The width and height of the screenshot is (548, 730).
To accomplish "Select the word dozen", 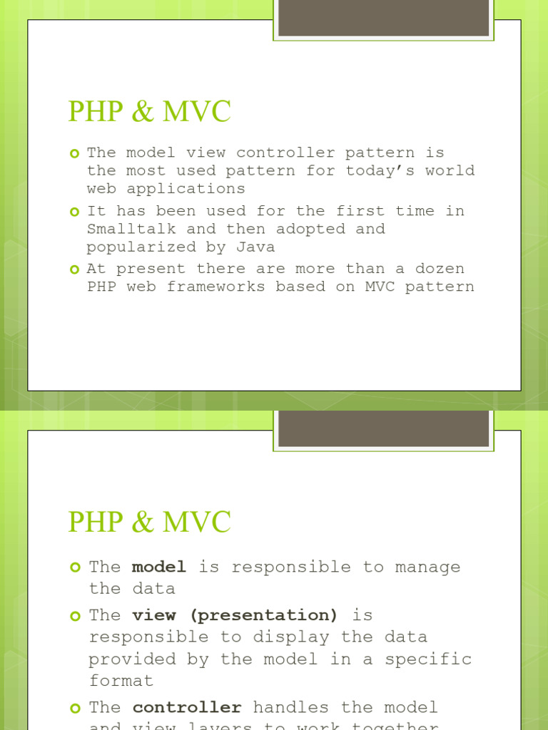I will coord(440,269).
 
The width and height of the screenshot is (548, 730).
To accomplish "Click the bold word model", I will coord(159,567).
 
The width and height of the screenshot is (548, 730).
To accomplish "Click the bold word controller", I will coord(187,707).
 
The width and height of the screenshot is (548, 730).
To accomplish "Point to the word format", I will coord(121,681).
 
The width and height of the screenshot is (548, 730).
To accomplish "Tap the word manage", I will coord(428,567).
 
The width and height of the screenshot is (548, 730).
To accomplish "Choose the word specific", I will coord(428,659).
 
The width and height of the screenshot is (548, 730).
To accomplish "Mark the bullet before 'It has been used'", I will coord(75,212).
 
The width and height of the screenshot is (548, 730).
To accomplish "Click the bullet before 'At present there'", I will coord(75,269).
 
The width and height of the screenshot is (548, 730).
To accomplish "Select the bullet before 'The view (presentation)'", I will coord(76,615).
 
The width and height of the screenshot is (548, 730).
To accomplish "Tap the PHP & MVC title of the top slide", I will coord(150,112).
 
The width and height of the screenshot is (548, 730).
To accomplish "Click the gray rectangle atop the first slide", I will coord(383,18).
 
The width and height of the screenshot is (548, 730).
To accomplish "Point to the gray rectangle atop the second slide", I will coord(383,428).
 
